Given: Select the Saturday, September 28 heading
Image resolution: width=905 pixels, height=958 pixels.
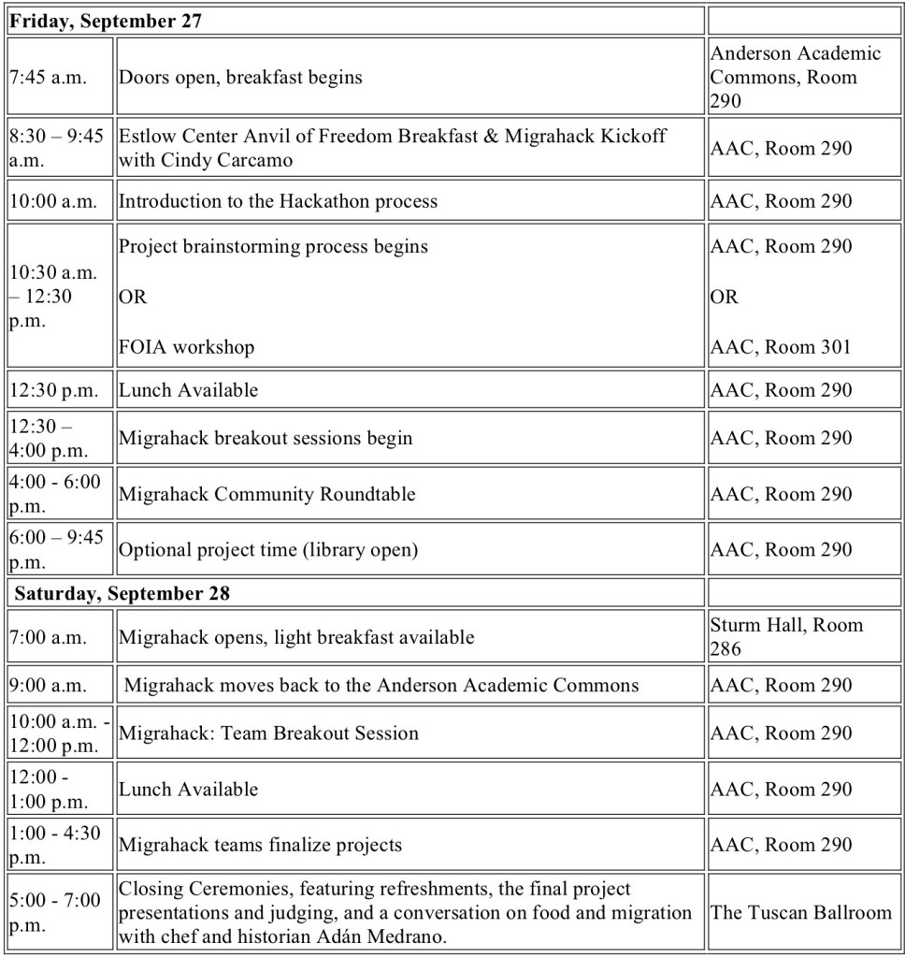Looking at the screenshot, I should click(122, 593).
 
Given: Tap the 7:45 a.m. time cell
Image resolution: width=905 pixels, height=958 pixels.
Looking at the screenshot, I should click(48, 78).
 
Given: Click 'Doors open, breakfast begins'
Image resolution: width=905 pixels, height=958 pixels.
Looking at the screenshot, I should click(240, 78).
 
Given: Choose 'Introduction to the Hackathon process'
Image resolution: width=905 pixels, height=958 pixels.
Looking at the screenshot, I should click(278, 201).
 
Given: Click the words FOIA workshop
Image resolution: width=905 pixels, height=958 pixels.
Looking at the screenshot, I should click(186, 347).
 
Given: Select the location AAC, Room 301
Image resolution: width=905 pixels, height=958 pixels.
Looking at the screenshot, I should click(781, 347).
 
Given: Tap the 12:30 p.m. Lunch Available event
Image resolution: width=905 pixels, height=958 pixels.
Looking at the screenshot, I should click(188, 390).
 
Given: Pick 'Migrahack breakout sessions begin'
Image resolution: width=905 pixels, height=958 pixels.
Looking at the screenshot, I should click(265, 438).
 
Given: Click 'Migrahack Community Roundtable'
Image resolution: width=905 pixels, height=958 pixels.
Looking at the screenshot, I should click(266, 494).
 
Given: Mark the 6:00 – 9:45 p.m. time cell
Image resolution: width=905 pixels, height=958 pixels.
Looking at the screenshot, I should click(56, 549).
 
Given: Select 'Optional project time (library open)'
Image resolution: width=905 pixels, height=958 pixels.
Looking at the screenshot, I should click(267, 550).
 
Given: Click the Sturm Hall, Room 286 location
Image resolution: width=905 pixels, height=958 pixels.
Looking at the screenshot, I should click(786, 636).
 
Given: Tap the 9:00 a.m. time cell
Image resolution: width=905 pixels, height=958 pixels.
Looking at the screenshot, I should click(48, 685).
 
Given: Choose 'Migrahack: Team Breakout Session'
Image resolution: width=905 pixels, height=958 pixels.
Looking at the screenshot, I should click(268, 733).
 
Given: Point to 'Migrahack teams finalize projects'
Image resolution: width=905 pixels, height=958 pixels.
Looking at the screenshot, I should click(260, 845).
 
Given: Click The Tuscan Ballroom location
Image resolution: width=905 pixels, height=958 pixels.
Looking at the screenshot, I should click(801, 912).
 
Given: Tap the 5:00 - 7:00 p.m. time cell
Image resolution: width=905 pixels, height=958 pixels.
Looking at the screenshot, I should click(56, 912).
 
